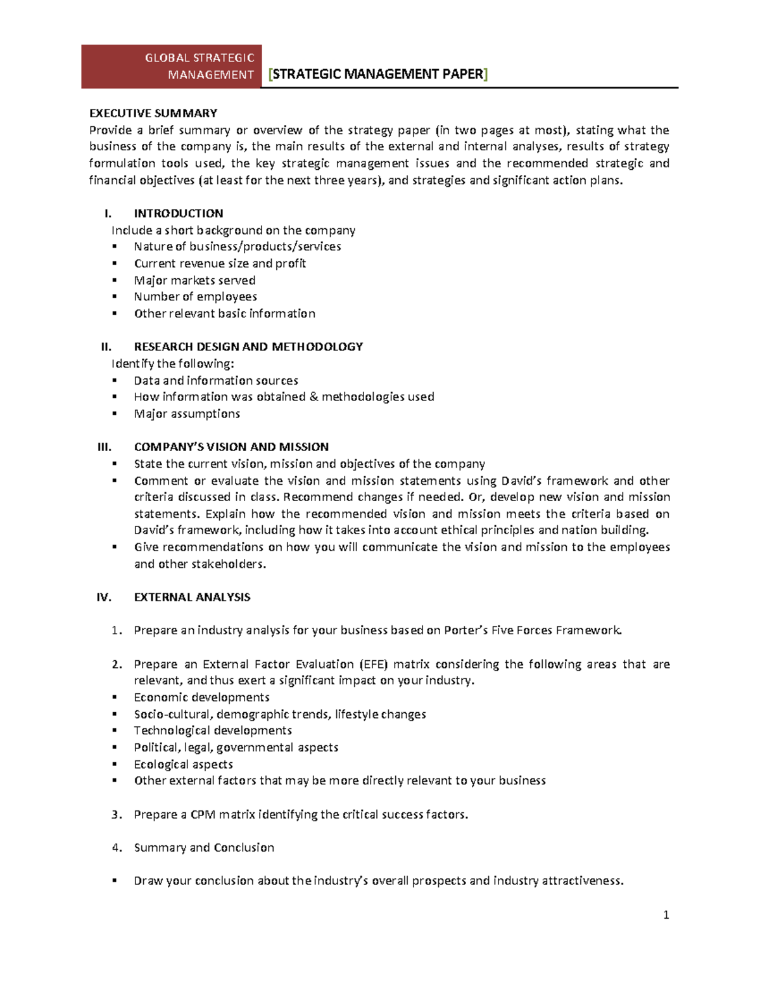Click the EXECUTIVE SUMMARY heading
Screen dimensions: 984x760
point(153,113)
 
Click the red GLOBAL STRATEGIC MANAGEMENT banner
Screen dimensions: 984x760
point(172,67)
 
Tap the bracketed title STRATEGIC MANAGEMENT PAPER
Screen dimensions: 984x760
point(378,74)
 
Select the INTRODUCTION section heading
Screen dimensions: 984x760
point(179,214)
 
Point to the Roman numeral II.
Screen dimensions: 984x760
point(106,347)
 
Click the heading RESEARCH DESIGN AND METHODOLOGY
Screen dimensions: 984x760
point(248,347)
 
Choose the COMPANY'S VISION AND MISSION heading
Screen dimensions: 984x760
point(231,447)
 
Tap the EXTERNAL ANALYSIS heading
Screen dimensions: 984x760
point(192,597)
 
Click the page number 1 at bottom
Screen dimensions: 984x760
point(666,914)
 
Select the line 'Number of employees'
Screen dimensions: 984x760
point(195,297)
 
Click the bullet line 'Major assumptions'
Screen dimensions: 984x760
point(187,414)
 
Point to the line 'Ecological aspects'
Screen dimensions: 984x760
point(183,764)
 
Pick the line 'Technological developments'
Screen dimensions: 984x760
point(213,731)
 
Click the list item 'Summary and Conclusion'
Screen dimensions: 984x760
point(204,848)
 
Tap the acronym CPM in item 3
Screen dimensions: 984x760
point(203,814)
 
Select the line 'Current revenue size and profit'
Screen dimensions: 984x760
point(220,264)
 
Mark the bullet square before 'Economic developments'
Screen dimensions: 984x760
point(115,697)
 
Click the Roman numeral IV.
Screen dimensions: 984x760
point(104,597)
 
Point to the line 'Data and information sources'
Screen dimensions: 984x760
point(216,381)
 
